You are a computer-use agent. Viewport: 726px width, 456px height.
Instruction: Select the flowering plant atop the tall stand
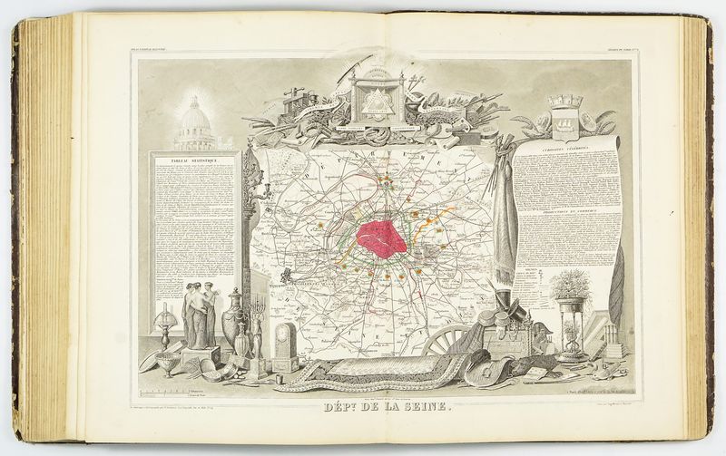pos(571,286)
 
